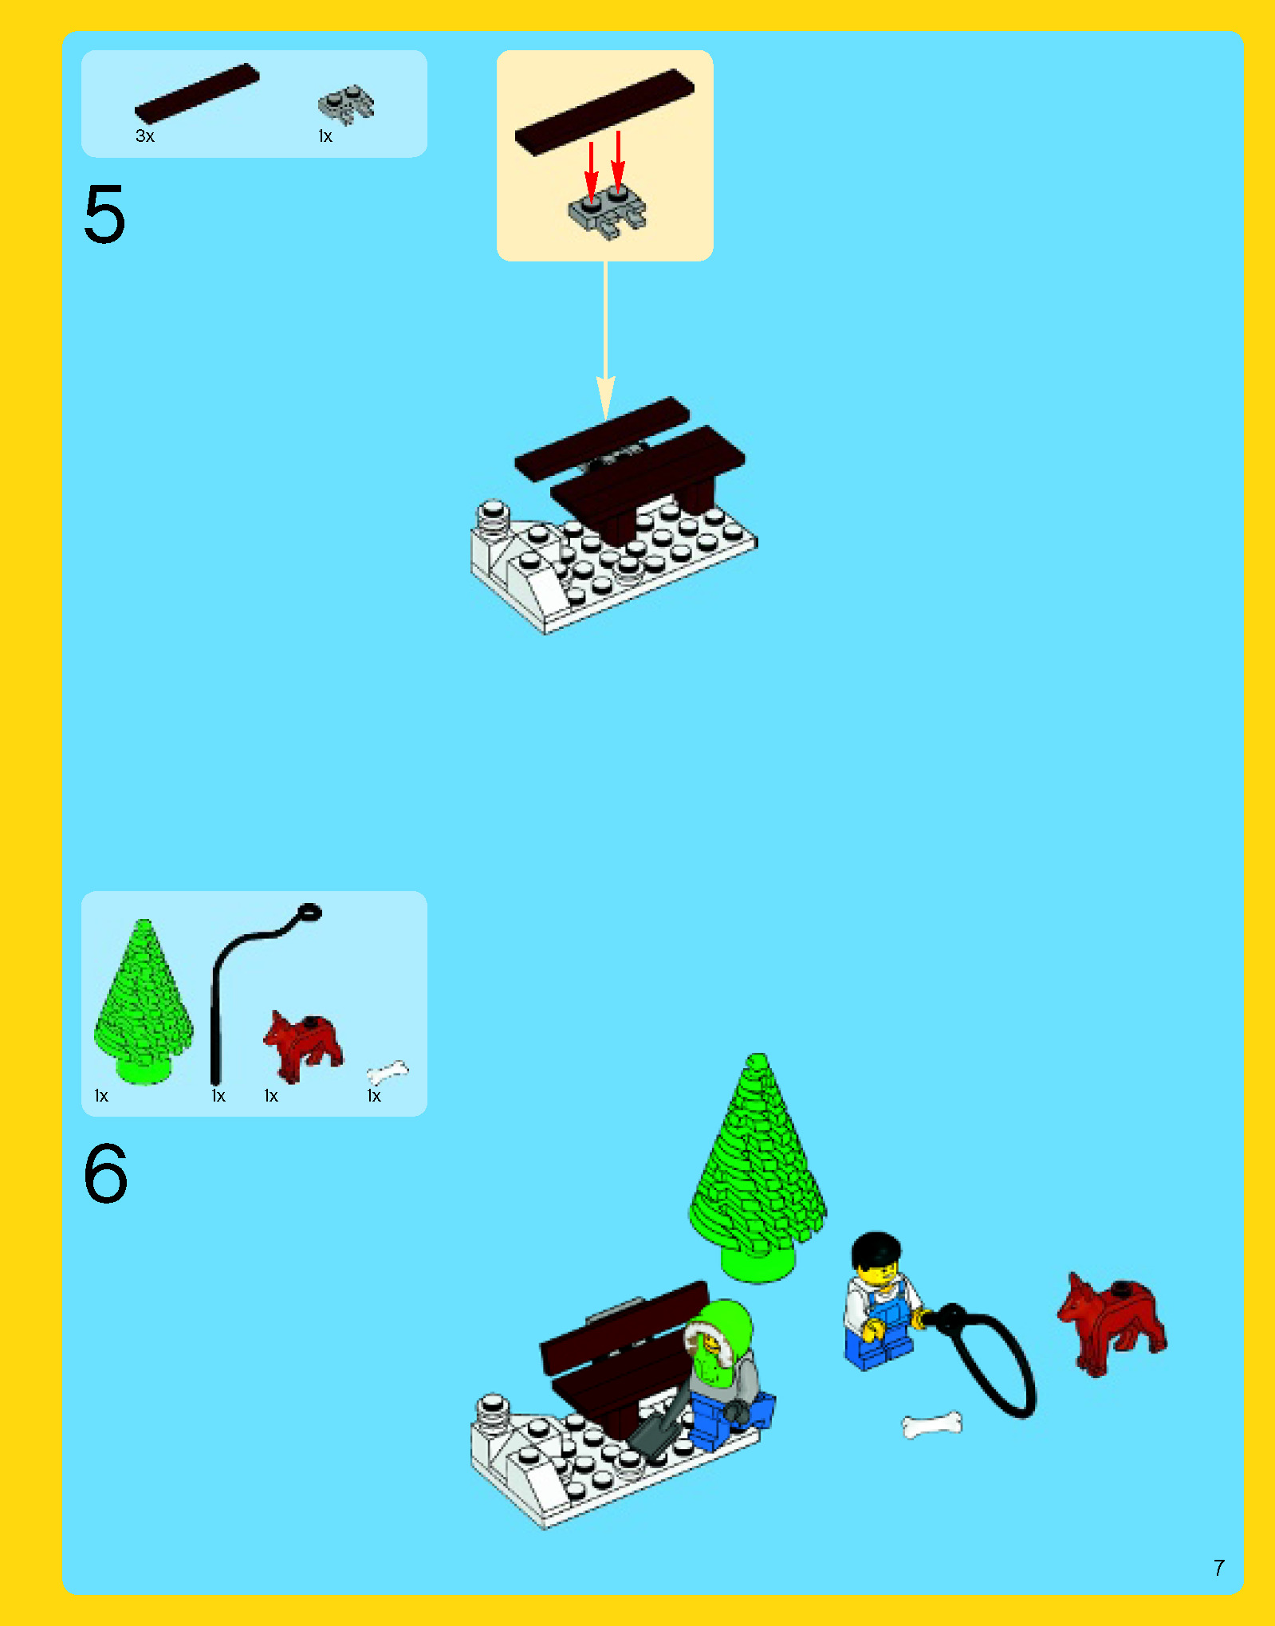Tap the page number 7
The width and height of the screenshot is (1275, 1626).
point(1218,1568)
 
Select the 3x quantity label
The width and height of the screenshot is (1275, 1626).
point(144,136)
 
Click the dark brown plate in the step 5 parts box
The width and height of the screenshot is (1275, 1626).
point(197,93)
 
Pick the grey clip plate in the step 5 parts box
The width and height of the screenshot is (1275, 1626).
point(346,104)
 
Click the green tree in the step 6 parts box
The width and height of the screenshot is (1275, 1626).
point(144,1002)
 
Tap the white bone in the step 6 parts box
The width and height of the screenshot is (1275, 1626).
point(388,1073)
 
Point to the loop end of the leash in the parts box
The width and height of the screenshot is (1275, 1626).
point(309,912)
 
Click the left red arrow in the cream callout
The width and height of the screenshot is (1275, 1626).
point(591,171)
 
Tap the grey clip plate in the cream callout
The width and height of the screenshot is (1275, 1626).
point(608,212)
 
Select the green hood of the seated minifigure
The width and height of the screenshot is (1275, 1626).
point(722,1329)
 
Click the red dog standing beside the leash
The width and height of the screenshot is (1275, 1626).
point(1112,1324)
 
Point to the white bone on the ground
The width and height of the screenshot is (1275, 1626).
point(932,1424)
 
